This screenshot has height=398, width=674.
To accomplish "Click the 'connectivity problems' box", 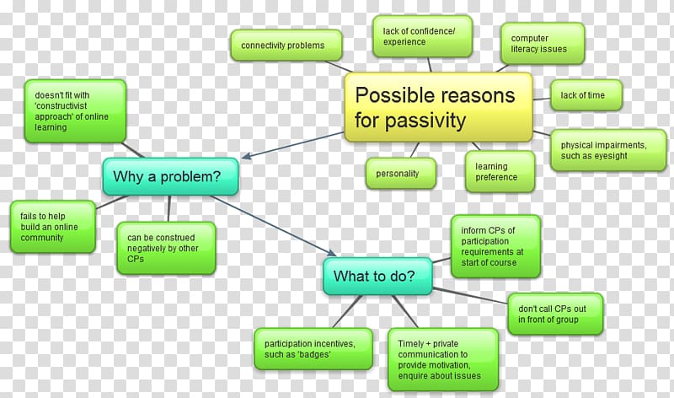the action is click(286, 46).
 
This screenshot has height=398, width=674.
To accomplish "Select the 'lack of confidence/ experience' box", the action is click(423, 36).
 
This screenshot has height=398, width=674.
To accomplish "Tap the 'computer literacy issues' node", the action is click(543, 44).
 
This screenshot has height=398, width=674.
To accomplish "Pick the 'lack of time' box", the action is click(586, 95).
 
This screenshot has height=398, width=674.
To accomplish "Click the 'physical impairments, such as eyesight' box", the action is click(608, 150).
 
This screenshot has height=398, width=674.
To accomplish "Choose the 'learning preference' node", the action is click(500, 172).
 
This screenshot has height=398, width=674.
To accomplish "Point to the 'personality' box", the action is click(401, 174).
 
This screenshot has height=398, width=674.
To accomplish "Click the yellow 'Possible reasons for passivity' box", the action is click(438, 107).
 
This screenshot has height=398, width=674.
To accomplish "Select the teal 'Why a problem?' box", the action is click(171, 176).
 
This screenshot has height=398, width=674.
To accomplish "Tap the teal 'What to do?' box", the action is click(377, 277).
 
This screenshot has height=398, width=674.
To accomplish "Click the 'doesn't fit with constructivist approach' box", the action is click(75, 111).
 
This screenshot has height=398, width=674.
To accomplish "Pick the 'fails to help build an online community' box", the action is click(53, 227).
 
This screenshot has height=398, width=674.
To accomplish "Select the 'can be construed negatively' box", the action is click(166, 248).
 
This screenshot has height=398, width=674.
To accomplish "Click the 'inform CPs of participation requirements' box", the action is click(496, 246).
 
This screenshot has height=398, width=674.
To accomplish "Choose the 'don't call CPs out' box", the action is click(555, 314).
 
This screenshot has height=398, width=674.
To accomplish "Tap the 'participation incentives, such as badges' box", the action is click(313, 349).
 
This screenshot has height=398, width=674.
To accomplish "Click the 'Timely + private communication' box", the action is click(443, 360).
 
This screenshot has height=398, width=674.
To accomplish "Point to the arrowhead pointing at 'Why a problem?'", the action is click(246, 155).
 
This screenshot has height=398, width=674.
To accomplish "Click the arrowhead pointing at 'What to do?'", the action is click(331, 253).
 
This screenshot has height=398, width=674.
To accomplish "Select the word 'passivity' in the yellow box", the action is click(425, 121).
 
